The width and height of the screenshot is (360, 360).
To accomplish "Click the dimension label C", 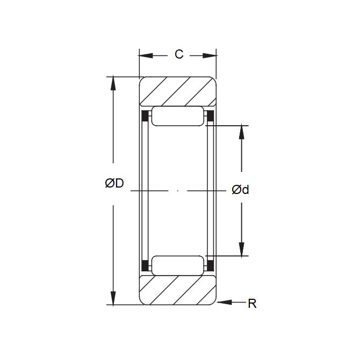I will point(179,54).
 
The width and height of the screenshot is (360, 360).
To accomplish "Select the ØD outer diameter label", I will point(114,184).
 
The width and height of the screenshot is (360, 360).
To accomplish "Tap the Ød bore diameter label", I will point(241,190).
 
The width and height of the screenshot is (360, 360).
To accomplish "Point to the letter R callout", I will point(252,304).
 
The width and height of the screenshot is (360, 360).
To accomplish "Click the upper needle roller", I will point(178,116).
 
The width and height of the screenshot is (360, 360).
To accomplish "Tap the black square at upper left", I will point(145,116).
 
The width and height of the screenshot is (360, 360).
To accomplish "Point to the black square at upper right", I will point(211,116).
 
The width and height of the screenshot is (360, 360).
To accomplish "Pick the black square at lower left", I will point(145,265).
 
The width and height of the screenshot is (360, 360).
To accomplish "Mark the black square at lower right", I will point(211,265).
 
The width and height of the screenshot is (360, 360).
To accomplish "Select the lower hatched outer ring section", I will point(178,291).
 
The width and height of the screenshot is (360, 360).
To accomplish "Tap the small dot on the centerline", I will point(178,191).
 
